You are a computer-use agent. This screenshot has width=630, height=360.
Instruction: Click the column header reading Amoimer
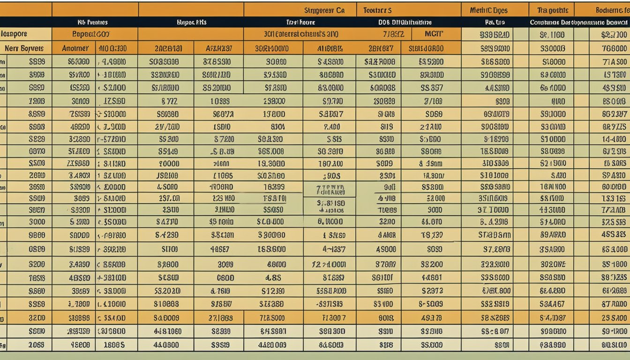click(x=75, y=48)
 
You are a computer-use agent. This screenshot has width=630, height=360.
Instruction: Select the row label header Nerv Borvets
click(x=24, y=48)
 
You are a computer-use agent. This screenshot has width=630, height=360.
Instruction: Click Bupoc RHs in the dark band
click(x=192, y=22)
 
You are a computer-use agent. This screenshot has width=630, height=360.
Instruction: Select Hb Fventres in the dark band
click(x=92, y=22)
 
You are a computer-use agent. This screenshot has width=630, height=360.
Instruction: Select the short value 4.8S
click(x=273, y=277)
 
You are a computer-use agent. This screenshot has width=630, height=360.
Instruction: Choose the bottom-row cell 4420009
click(x=273, y=345)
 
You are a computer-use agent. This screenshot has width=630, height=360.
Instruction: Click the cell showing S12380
click(x=273, y=291)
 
